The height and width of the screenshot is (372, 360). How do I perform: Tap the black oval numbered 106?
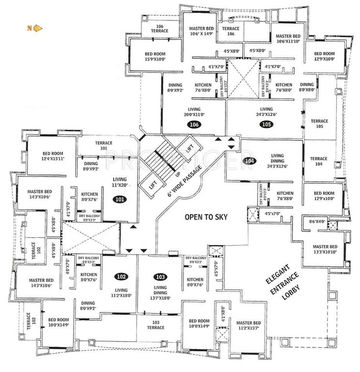pyautogui.click(x=195, y=125)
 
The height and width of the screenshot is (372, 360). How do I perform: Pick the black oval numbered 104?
pyautogui.click(x=250, y=161)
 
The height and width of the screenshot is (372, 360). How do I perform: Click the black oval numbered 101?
pyautogui.click(x=119, y=199)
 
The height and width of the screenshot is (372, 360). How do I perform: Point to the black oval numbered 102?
pyautogui.click(x=121, y=277)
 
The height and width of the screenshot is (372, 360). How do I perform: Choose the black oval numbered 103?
pyautogui.click(x=161, y=277)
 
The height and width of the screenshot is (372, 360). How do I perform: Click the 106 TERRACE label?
pyautogui.click(x=159, y=28)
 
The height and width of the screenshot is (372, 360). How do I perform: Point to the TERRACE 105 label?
pyautogui.click(x=319, y=124)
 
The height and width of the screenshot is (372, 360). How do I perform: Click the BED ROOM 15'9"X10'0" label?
pyautogui.click(x=155, y=57)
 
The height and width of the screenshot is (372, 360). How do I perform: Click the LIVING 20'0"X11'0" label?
pyautogui.click(x=195, y=112)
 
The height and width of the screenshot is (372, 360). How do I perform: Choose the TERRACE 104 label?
pyautogui.click(x=319, y=161)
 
